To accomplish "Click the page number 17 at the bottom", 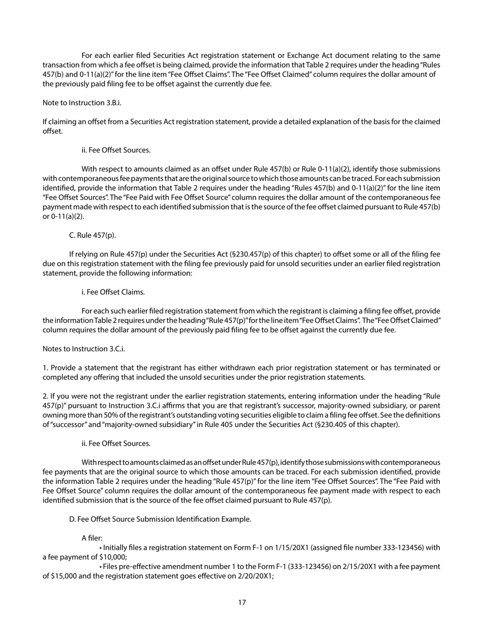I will [x=242, y=603].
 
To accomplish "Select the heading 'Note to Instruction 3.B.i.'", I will [x=82, y=103].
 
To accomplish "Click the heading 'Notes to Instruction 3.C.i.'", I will [x=83, y=349].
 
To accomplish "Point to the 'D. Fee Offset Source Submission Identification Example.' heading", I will [x=160, y=519].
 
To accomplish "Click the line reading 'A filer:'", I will [x=92, y=538].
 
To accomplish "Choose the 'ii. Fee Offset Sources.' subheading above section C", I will [x=116, y=150].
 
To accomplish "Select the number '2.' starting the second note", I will [x=46, y=396].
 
